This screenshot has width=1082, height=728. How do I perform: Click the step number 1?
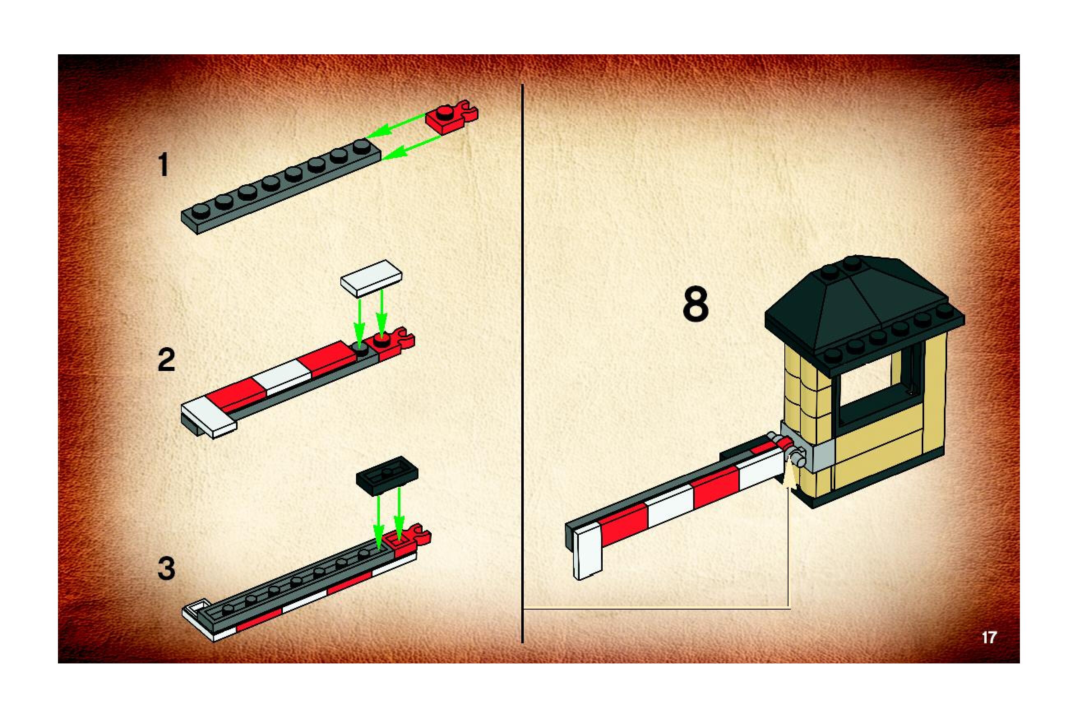[x=163, y=165]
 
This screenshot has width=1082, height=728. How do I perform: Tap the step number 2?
[x=166, y=359]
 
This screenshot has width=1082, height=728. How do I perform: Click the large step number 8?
[x=696, y=305]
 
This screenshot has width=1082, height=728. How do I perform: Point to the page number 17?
[x=989, y=638]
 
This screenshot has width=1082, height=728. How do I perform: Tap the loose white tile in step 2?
[x=371, y=278]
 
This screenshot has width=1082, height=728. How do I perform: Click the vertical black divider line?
[x=523, y=362]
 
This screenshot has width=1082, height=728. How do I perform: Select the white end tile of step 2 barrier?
[x=209, y=417]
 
